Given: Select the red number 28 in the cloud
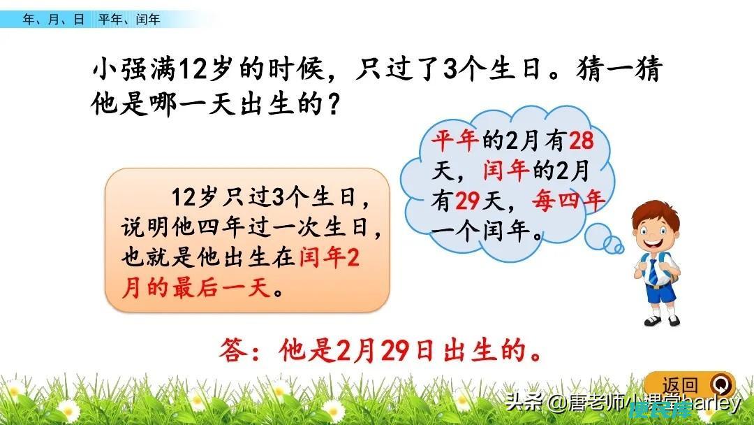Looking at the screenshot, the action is tap(582, 141).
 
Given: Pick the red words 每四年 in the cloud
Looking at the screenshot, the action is tap(568, 201).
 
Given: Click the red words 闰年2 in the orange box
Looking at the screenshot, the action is tap(330, 257).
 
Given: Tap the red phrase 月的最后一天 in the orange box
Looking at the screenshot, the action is tap(197, 288).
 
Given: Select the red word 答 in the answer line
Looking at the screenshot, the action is tap(234, 350).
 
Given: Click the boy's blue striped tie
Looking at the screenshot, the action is tap(653, 271).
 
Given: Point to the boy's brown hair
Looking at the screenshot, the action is tap(656, 214).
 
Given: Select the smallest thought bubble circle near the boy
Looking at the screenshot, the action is tap(619, 249).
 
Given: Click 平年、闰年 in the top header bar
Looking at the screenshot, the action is tap(129, 20).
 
